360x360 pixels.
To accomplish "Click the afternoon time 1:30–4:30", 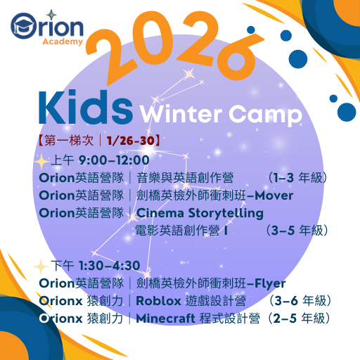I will click(x=109, y=266).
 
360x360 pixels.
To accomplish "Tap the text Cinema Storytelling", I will click(x=200, y=213).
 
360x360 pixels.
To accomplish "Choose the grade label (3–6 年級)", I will click(x=299, y=302).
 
